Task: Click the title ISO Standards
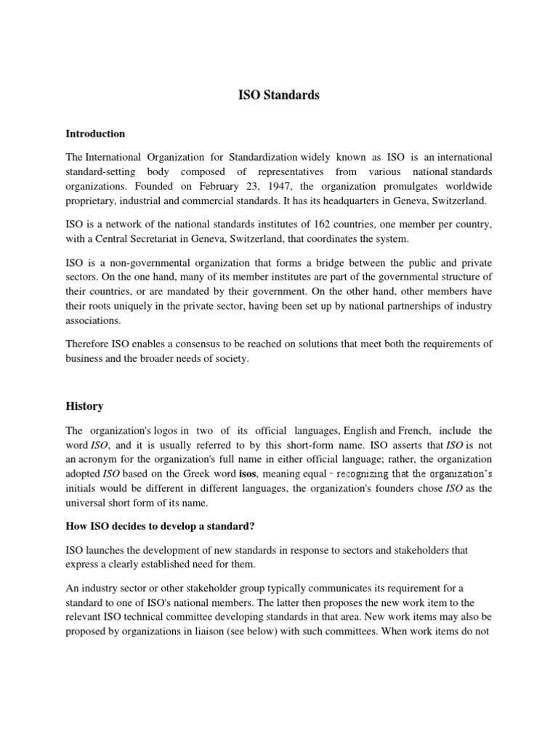[x=279, y=95]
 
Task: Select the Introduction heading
[x=95, y=134]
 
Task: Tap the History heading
[x=84, y=406]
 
